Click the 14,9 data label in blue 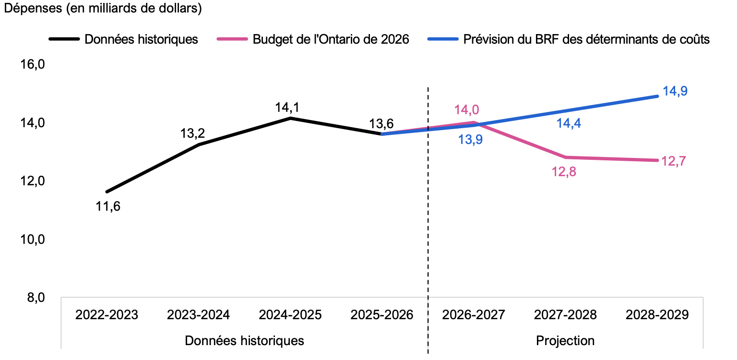point(675,91)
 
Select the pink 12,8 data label point(564,172)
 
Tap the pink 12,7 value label point(674,161)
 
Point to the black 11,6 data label point(108,206)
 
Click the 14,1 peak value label point(287,107)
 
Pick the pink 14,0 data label point(466,109)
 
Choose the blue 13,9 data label point(471,140)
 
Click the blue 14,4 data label point(569,123)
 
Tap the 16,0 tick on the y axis point(33,64)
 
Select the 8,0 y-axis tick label point(36,298)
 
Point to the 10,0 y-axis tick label point(33,239)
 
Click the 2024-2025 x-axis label point(290,315)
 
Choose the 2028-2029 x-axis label point(657,315)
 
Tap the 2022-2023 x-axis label point(107,315)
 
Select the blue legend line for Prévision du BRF point(443,39)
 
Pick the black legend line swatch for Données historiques point(64,39)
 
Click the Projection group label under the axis point(565,341)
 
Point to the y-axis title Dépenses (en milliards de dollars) point(103,8)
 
